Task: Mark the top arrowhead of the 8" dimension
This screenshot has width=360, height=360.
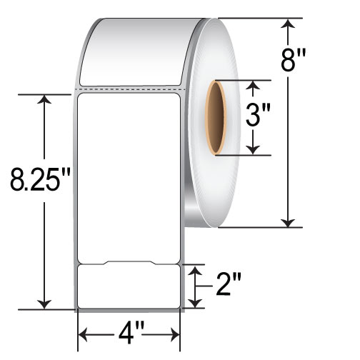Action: click(289, 26)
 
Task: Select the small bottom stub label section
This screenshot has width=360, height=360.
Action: click(129, 286)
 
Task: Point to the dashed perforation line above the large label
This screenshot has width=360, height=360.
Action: click(129, 89)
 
